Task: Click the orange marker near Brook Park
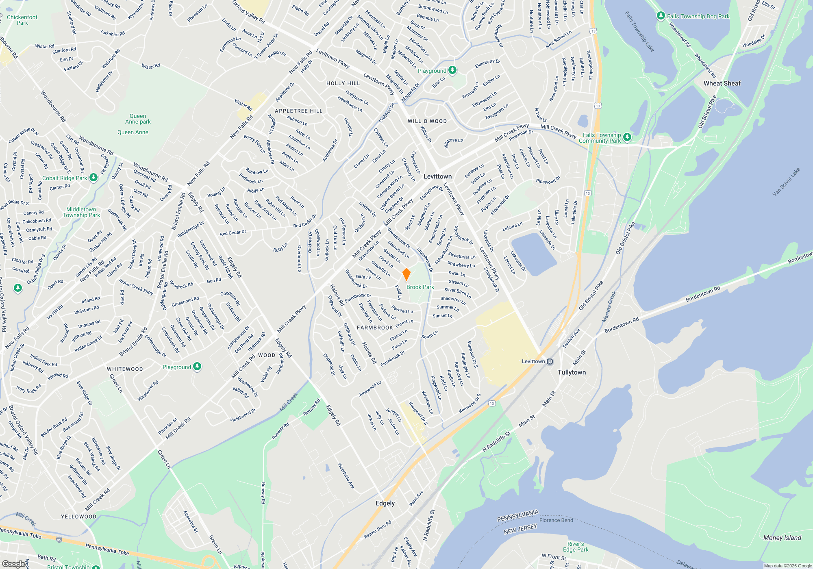tap(406, 274)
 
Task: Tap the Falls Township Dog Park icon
tap(661, 16)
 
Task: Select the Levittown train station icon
tap(550, 361)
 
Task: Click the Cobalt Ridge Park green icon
tap(93, 178)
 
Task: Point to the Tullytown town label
tap(572, 372)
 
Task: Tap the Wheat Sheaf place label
tap(722, 83)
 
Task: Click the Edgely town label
tap(385, 503)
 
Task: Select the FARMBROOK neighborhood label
tap(375, 328)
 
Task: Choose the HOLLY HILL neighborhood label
tap(343, 83)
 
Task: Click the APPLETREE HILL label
tap(298, 111)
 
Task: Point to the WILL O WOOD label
tap(427, 121)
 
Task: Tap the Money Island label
tap(782, 538)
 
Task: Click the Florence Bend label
tap(556, 520)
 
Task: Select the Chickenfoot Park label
tap(22, 20)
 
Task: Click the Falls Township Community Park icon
tap(627, 137)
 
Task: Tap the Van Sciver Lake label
tap(786, 182)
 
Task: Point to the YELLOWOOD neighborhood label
tap(78, 517)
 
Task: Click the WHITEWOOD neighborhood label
tap(125, 369)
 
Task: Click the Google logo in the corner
tap(15, 564)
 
